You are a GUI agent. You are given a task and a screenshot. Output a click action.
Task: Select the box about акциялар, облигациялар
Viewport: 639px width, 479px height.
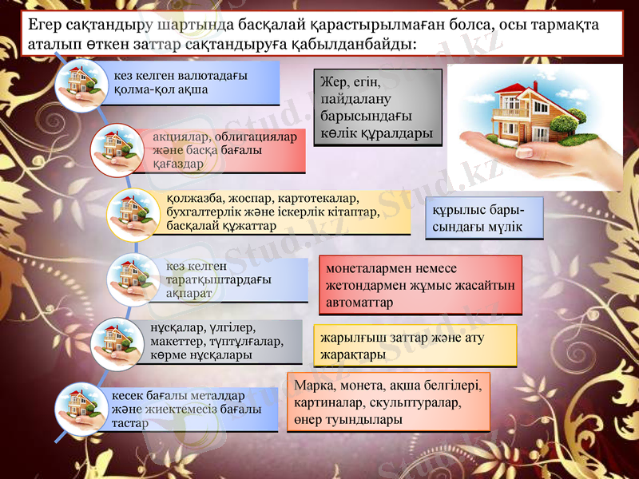point(224,150)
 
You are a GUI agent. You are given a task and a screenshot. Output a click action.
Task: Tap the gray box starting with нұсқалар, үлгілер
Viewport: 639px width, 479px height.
point(220,342)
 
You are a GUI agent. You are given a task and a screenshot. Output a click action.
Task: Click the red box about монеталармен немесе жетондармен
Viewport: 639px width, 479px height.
point(420,283)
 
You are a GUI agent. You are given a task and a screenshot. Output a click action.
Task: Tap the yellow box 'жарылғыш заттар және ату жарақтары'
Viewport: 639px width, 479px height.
point(416,345)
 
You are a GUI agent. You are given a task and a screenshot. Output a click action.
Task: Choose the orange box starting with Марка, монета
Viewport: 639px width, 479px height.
point(387,402)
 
